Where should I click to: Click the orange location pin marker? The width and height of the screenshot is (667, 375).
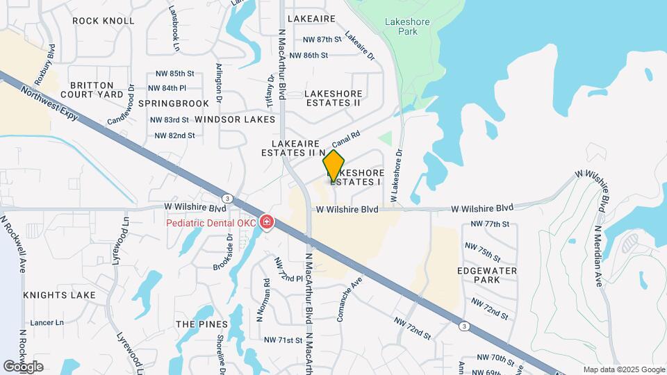click(x=334, y=166)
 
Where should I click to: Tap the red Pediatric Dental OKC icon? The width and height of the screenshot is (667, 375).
click(x=266, y=222)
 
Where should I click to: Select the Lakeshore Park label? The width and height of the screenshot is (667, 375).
click(x=407, y=26)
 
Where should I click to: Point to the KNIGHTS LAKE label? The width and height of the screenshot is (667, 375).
click(x=59, y=295)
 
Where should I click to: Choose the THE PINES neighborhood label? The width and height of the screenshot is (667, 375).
click(x=201, y=324)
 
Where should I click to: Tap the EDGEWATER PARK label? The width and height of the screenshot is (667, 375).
click(x=478, y=274)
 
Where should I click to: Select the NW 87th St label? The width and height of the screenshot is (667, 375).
click(x=315, y=40)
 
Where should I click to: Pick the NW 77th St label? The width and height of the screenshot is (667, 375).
click(x=491, y=224)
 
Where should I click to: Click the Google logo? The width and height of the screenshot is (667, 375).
click(x=23, y=366)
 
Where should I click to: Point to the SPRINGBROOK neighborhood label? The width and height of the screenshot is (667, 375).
click(x=173, y=103)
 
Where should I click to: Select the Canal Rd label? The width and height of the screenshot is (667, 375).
click(x=346, y=139)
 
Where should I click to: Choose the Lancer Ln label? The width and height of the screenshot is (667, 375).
click(x=46, y=322)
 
